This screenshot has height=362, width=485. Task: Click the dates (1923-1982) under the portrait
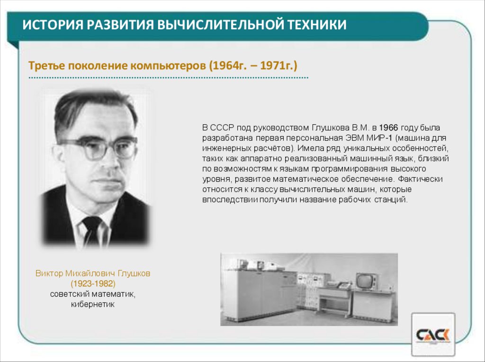click(x=93, y=284)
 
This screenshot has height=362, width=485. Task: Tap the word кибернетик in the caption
click(x=93, y=305)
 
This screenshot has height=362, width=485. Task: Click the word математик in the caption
click(x=112, y=294)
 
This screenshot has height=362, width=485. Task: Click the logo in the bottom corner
click(x=433, y=335)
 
